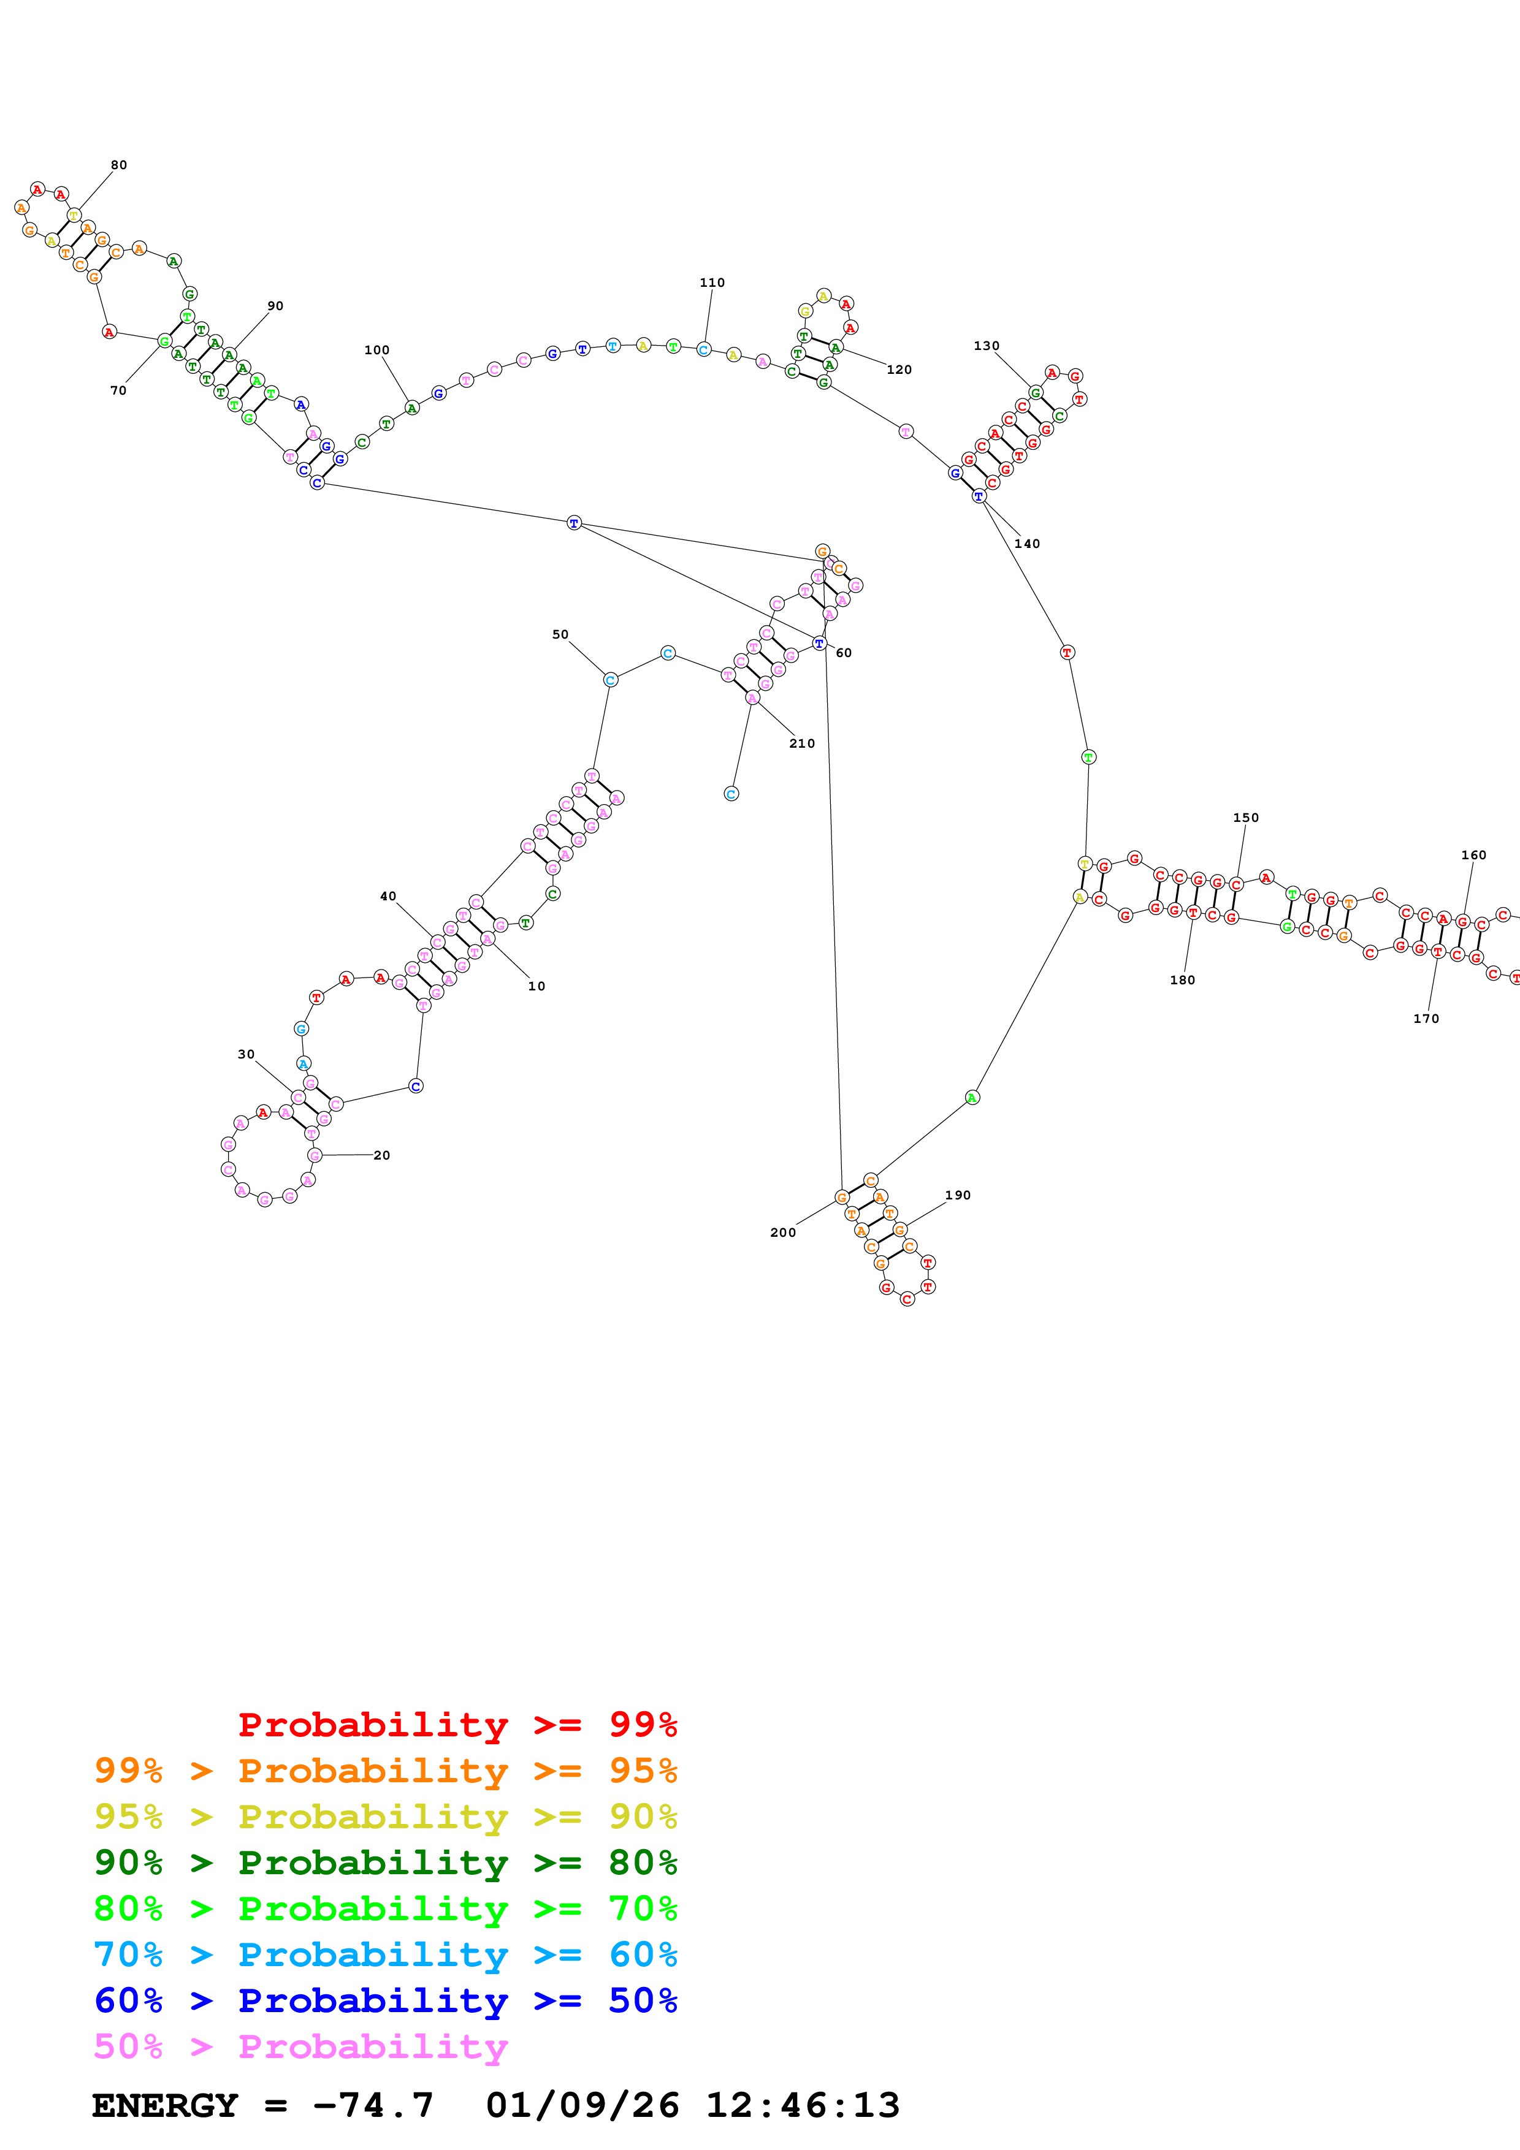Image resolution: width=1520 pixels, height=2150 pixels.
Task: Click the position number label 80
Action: click(x=119, y=165)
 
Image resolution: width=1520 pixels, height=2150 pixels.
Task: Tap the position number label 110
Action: click(x=712, y=282)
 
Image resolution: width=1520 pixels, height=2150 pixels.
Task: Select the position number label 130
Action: click(x=986, y=346)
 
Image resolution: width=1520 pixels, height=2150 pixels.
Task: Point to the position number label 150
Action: click(x=1245, y=818)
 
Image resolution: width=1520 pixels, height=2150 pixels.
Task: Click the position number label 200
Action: click(x=783, y=1233)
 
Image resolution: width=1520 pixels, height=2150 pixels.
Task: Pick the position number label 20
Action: click(x=382, y=1155)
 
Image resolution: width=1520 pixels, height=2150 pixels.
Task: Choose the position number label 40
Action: click(x=388, y=896)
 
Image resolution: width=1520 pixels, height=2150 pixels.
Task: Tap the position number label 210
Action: click(x=801, y=743)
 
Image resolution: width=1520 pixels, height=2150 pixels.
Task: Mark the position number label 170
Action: click(x=1426, y=1019)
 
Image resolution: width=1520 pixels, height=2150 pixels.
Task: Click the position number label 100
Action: click(x=376, y=350)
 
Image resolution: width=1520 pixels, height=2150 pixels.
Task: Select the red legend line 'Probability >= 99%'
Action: click(x=457, y=1724)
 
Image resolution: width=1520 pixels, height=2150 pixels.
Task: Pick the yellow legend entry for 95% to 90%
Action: click(x=385, y=1816)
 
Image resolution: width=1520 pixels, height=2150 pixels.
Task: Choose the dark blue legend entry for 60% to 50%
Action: click(x=385, y=2000)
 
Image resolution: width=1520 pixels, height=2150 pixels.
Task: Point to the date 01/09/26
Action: click(x=582, y=2105)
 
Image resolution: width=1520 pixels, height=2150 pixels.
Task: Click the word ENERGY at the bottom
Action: click(x=165, y=2105)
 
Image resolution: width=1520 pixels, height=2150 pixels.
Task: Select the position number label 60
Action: click(x=844, y=653)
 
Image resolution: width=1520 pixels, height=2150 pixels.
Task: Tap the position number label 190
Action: click(x=957, y=1195)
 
